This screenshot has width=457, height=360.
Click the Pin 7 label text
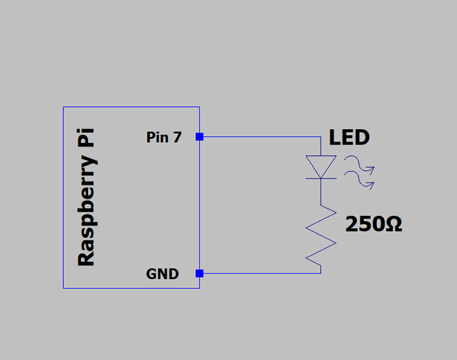click(164, 138)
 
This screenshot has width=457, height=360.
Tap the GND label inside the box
click(163, 274)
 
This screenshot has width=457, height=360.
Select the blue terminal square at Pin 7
click(200, 137)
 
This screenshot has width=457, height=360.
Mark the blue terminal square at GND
click(200, 273)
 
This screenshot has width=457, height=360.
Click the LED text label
click(349, 138)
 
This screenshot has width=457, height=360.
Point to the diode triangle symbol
click(321, 166)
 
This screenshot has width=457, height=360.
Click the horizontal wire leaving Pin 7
click(261, 137)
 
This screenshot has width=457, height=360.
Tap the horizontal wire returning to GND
click(261, 273)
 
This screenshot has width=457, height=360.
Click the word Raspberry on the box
click(87, 209)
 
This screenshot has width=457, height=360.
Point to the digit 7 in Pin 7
click(177, 138)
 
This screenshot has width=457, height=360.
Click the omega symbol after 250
click(393, 225)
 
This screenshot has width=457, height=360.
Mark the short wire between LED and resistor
click(321, 190)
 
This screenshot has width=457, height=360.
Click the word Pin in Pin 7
click(158, 138)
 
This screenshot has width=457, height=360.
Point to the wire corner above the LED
click(321, 137)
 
